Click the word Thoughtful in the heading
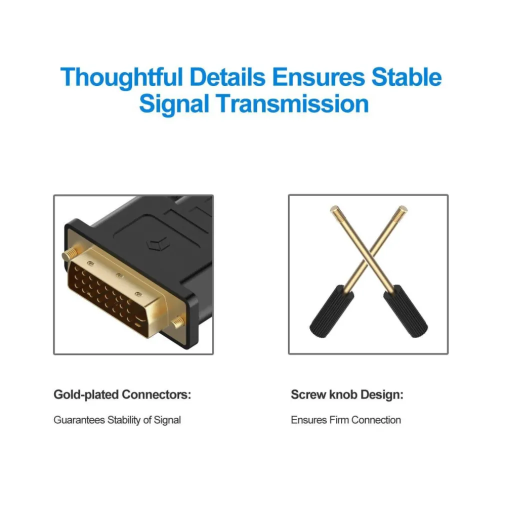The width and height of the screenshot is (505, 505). (x=121, y=78)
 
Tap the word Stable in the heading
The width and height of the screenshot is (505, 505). (x=406, y=77)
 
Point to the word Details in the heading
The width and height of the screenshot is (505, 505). (x=227, y=77)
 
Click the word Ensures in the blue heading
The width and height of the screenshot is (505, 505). (x=318, y=77)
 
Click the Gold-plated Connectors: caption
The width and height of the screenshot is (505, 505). (x=122, y=395)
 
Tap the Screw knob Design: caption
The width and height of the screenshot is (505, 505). (x=347, y=394)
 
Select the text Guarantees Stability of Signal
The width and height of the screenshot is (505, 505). (x=117, y=420)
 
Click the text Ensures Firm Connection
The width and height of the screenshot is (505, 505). (x=346, y=419)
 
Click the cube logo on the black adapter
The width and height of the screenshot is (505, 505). (x=157, y=244)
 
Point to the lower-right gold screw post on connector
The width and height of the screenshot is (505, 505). (x=178, y=321)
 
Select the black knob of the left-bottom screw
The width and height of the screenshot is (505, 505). (x=331, y=311)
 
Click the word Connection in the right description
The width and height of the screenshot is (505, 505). (x=376, y=419)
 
